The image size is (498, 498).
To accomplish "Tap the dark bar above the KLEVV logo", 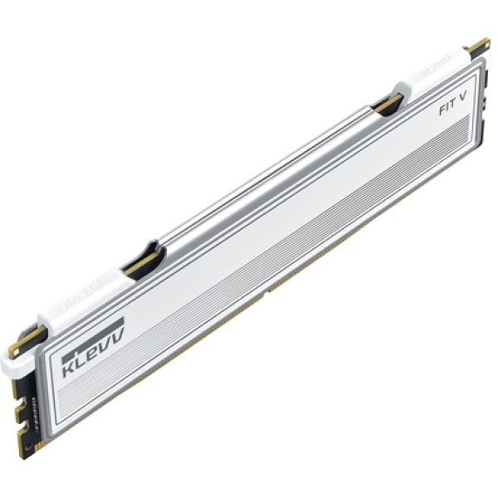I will [x=93, y=324].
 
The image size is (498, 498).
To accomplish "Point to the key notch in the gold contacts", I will [x=265, y=291].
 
